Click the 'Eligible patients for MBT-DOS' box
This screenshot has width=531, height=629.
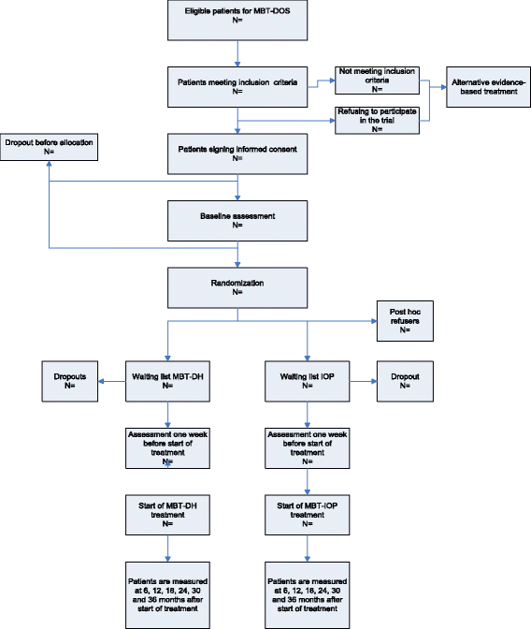[238, 20]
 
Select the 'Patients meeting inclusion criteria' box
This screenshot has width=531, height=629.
[238, 85]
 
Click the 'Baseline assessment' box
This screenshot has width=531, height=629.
[238, 220]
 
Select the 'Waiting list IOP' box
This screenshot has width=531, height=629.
[309, 383]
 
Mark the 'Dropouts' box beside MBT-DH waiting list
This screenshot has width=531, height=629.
[71, 383]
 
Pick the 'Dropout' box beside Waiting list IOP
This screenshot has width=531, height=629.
[405, 383]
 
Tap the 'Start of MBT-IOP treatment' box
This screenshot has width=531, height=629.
[309, 514]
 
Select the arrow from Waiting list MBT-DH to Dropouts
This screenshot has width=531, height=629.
[113, 383]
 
